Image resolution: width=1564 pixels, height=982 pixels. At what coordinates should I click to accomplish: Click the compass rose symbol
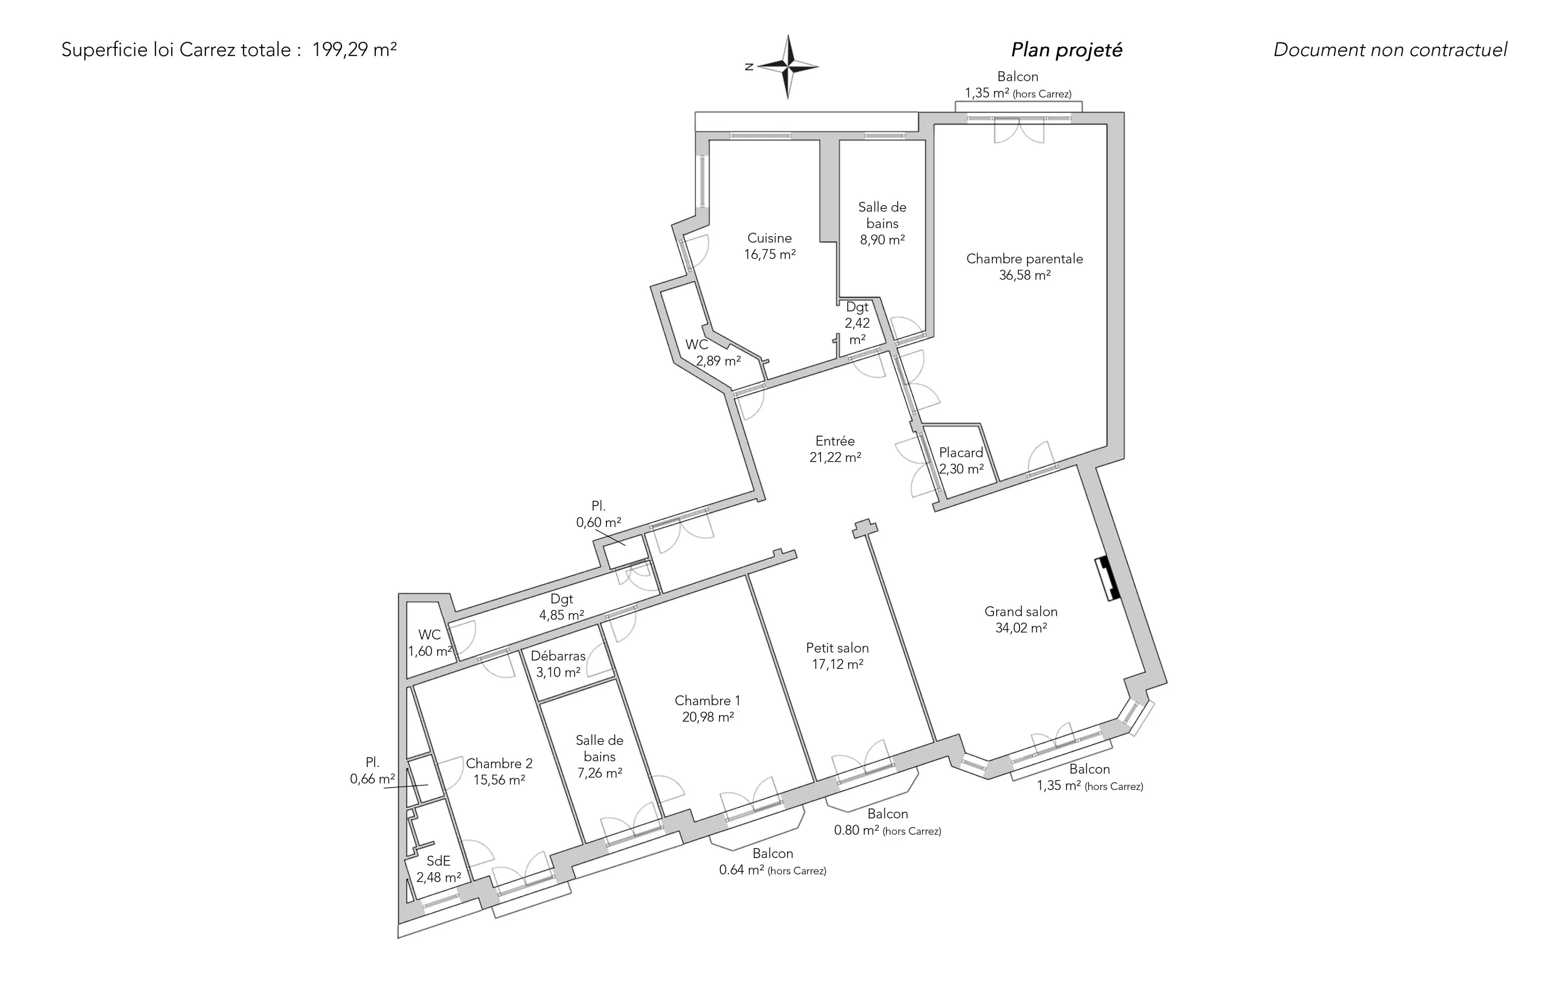click(x=788, y=66)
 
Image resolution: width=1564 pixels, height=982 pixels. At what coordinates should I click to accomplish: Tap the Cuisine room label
click(x=770, y=238)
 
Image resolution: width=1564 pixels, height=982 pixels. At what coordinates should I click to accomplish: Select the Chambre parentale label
click(x=1024, y=258)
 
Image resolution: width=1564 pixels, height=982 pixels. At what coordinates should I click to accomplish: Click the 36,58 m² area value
click(x=1024, y=275)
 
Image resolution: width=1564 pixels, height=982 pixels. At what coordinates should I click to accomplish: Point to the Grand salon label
click(x=1021, y=611)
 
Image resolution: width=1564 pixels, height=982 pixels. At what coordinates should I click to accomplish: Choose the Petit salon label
click(x=837, y=648)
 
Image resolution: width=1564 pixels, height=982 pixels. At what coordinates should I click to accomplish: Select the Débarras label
click(x=558, y=656)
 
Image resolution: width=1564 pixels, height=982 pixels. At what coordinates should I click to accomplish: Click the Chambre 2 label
click(x=499, y=764)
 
